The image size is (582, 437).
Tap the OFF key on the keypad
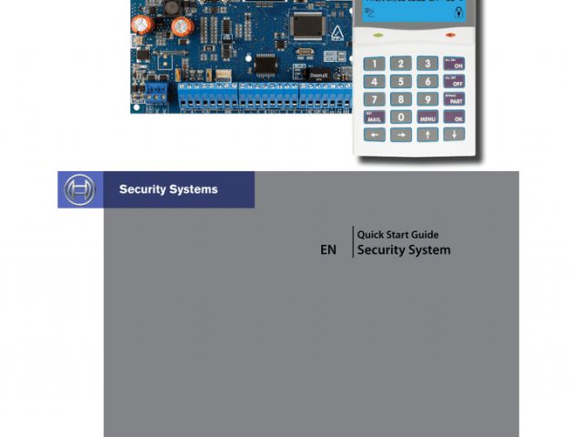point(453,81)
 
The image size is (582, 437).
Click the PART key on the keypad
point(453,99)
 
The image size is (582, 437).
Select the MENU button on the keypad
point(427,117)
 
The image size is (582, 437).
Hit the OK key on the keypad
point(453,117)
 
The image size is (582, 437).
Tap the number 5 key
point(401,81)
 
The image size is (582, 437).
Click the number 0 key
point(401,117)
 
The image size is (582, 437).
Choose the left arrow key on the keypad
point(375,135)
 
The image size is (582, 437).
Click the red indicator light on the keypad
point(450,35)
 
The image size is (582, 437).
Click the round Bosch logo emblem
point(78,189)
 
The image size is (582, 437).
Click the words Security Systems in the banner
point(168,189)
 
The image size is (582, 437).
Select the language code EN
point(328,249)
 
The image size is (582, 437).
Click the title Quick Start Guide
point(397,235)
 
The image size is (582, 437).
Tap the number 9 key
point(427,99)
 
